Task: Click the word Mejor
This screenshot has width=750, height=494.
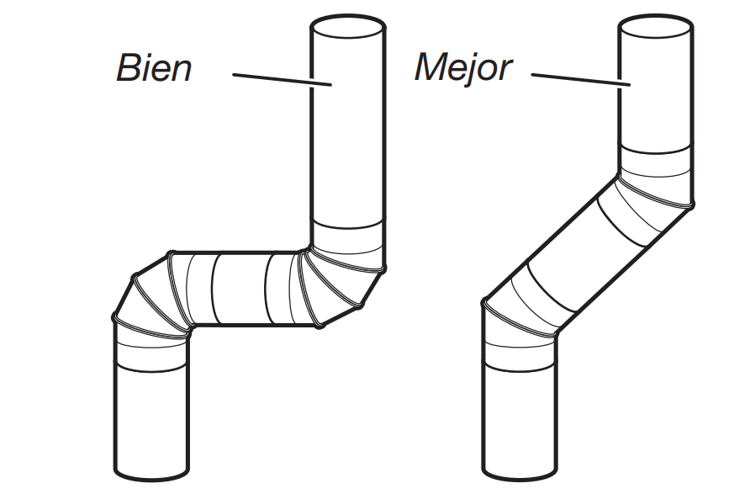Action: [462, 67]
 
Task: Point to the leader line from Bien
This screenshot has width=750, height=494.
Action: [282, 79]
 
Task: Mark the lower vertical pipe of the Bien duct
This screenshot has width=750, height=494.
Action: [152, 404]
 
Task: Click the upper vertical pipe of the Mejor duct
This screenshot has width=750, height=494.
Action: [657, 101]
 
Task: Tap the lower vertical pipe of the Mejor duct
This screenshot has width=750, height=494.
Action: [519, 404]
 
